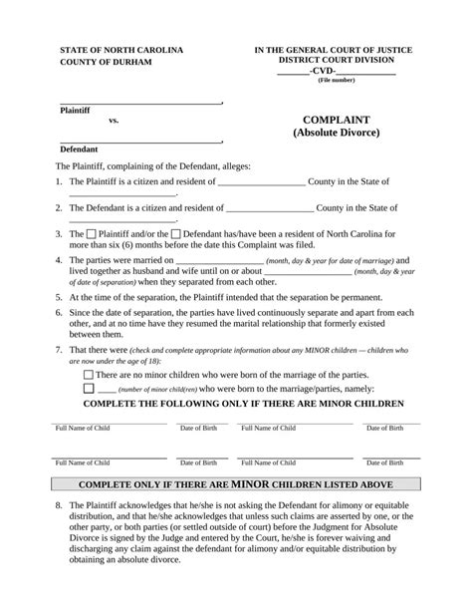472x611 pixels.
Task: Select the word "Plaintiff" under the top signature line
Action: click(76, 110)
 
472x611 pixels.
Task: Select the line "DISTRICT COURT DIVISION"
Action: click(334, 60)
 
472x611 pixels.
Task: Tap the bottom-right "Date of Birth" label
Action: click(384, 462)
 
